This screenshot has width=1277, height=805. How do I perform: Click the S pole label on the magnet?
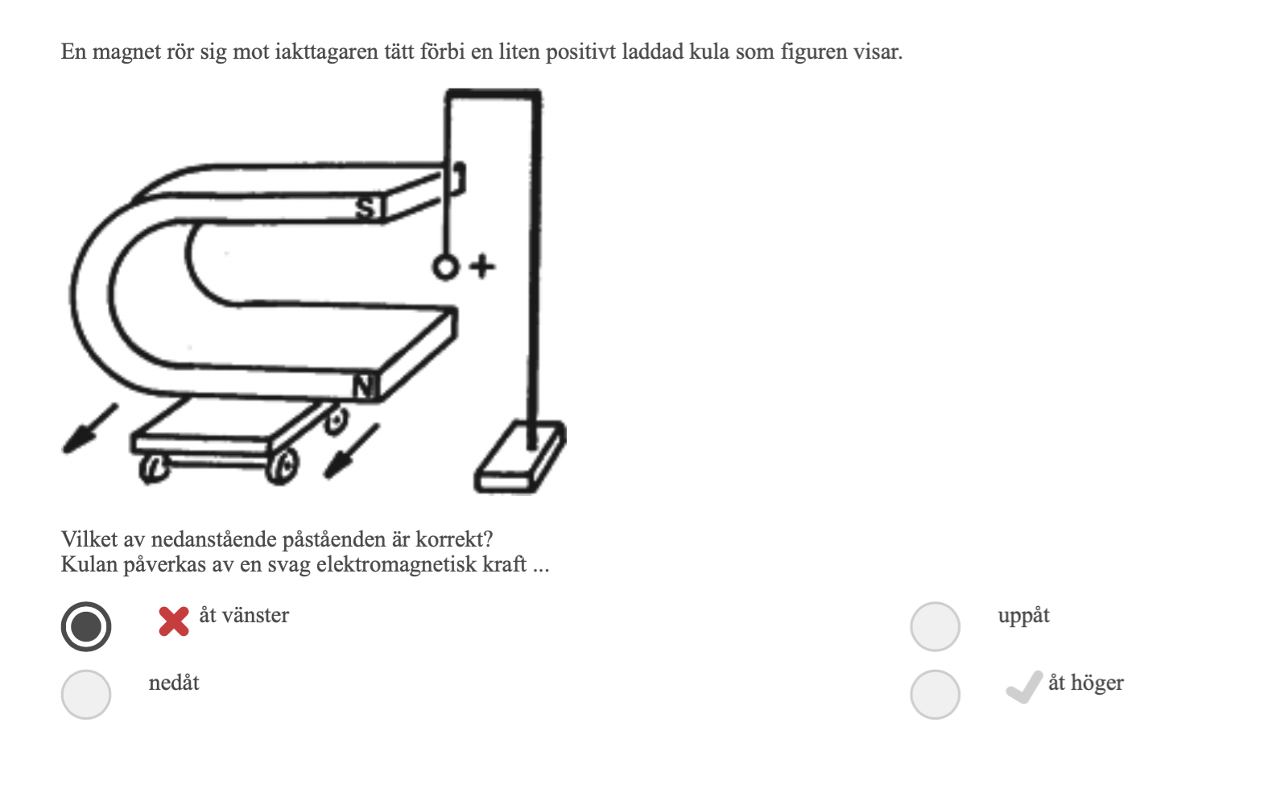[366, 208]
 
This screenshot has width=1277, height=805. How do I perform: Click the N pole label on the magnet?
[365, 386]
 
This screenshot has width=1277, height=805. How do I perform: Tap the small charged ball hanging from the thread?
[445, 267]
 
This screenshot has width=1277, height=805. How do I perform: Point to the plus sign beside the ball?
[482, 266]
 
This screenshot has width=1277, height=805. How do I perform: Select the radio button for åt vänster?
[86, 626]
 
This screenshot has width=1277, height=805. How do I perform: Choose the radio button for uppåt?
[935, 626]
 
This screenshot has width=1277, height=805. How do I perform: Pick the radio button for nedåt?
[86, 695]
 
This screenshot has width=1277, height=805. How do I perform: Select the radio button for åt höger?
[935, 695]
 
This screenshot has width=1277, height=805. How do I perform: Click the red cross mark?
[174, 621]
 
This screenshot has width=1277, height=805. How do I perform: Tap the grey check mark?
[1024, 687]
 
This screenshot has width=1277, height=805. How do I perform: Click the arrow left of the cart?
[90, 429]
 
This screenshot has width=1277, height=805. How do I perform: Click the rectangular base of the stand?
[520, 456]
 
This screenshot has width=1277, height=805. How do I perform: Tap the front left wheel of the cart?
[154, 469]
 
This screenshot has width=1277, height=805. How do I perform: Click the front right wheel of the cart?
[283, 466]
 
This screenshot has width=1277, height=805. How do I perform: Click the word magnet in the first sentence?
[126, 52]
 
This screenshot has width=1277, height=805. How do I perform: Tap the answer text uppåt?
[1024, 616]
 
